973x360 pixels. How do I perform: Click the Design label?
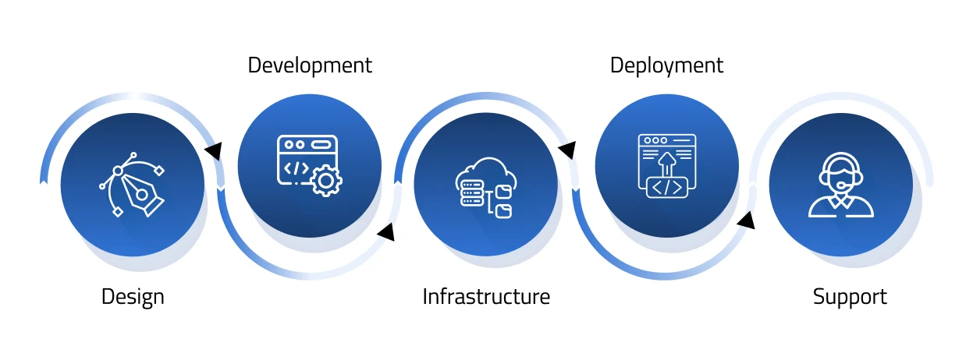pyautogui.click(x=133, y=297)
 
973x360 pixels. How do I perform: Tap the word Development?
pyautogui.click(x=310, y=65)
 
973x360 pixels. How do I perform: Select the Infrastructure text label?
pyautogui.click(x=486, y=297)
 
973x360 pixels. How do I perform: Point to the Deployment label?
pyautogui.click(x=666, y=65)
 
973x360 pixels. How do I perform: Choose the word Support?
pyautogui.click(x=850, y=297)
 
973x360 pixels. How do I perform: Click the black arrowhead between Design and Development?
pyautogui.click(x=212, y=150)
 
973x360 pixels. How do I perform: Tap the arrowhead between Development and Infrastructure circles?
pyautogui.click(x=385, y=231)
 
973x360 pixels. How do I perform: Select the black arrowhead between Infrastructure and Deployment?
pyautogui.click(x=567, y=150)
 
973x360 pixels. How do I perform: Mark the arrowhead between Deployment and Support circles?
pyautogui.click(x=747, y=221)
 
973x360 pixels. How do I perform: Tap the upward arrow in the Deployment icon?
pyautogui.click(x=667, y=164)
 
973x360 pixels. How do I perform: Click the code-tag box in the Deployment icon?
pyautogui.click(x=667, y=188)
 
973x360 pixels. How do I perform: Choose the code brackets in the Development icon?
pyautogui.click(x=296, y=168)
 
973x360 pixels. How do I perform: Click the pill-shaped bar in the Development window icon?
pyautogui.click(x=321, y=144)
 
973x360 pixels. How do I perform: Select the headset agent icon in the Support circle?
pyautogui.click(x=840, y=185)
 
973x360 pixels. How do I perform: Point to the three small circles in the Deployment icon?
pyautogui.click(x=655, y=140)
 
